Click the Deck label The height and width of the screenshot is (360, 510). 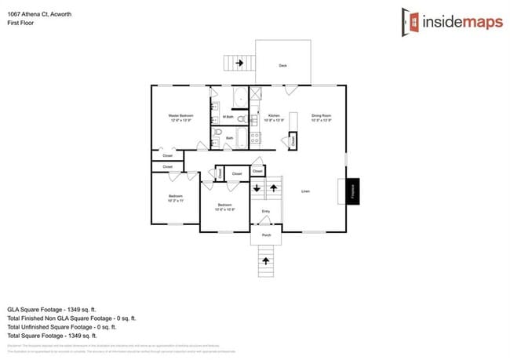[282, 66]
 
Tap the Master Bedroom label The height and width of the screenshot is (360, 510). [180, 116]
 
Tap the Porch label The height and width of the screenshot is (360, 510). [265, 235]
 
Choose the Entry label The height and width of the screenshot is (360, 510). [265, 211]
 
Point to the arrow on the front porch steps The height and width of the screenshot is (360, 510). [265, 259]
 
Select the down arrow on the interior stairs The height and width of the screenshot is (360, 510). [256, 188]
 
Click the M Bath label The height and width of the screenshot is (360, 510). [228, 118]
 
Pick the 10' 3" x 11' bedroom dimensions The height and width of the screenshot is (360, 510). [175, 201]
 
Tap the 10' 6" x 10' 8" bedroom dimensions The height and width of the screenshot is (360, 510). [224, 209]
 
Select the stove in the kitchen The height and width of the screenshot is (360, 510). [255, 138]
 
